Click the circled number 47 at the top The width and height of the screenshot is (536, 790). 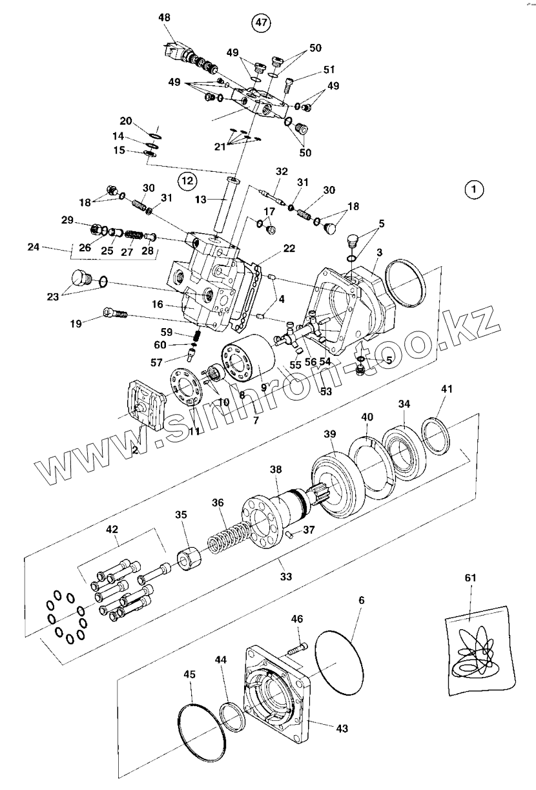260,23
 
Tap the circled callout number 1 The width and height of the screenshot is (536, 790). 474,190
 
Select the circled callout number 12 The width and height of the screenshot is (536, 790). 187,182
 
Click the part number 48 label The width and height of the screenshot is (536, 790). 165,18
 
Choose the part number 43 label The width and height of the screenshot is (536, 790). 342,728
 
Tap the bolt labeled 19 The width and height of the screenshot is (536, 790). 116,315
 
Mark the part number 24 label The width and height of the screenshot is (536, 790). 34,246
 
